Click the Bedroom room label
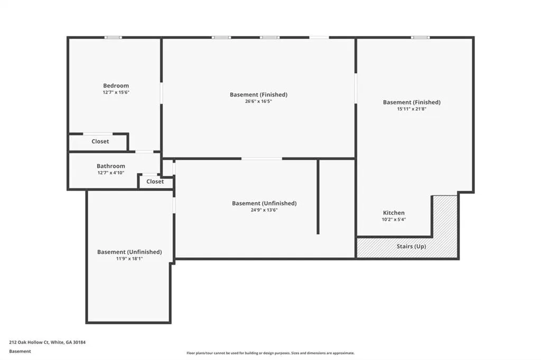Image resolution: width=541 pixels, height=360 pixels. (x=116, y=86)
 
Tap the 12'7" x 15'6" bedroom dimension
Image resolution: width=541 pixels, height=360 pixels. (x=116, y=92)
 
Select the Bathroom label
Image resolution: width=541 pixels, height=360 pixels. (x=111, y=166)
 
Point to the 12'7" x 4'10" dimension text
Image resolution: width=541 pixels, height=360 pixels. (x=111, y=173)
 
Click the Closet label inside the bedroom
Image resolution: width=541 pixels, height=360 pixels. (x=100, y=141)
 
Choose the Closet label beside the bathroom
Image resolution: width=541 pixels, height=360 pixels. (x=155, y=182)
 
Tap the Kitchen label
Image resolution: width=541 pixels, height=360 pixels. (x=394, y=213)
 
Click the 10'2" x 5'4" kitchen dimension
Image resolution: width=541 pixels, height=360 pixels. (x=394, y=220)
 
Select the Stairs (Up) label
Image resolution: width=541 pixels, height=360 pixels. (x=411, y=246)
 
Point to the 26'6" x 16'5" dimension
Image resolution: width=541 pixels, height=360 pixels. (x=258, y=101)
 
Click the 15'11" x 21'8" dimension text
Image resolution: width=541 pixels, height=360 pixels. (x=412, y=109)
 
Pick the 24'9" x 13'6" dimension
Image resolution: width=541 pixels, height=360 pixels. (x=264, y=210)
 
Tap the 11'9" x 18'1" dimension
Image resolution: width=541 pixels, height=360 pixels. (x=129, y=259)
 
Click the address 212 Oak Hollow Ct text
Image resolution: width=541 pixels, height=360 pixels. (x=29, y=343)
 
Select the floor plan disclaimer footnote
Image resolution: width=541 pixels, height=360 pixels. (x=270, y=353)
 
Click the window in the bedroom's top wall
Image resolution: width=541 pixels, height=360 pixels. (x=113, y=37)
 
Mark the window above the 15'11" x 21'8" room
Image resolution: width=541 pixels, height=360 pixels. (x=420, y=37)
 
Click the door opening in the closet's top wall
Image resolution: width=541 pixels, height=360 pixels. (x=98, y=134)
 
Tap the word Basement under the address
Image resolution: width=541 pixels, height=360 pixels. (x=20, y=352)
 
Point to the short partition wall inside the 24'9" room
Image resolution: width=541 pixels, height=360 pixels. (x=318, y=196)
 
